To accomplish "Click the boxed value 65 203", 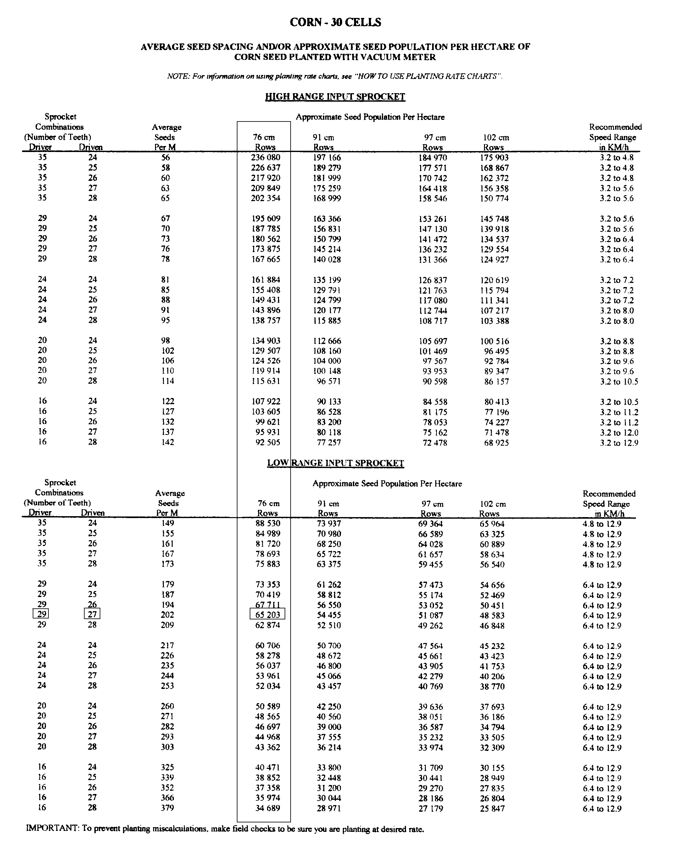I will tap(268, 615).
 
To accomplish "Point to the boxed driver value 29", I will tap(41, 614).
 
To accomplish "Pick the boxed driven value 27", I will tap(92, 614).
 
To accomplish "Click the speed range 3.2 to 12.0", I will tap(619, 432).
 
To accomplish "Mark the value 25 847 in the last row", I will tap(492, 809).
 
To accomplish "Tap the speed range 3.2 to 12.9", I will tap(619, 443).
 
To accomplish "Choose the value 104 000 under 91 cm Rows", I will tap(327, 361).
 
